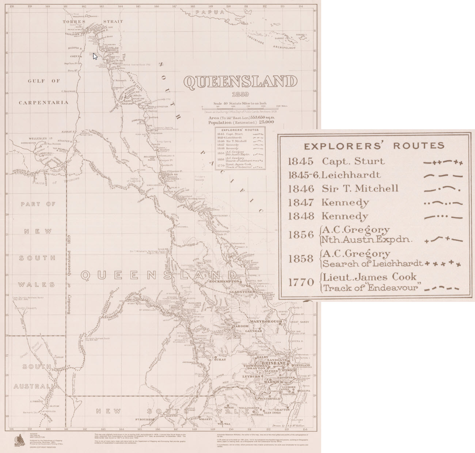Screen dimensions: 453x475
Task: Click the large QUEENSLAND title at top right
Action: pyautogui.click(x=240, y=82)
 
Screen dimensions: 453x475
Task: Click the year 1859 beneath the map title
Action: pyautogui.click(x=240, y=95)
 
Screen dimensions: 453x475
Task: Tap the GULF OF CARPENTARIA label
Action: pyautogui.click(x=44, y=91)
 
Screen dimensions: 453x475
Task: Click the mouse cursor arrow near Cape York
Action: pyautogui.click(x=95, y=56)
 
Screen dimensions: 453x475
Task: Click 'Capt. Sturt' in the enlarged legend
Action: pyautogui.click(x=353, y=161)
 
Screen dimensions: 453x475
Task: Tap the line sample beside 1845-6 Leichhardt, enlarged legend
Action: pyautogui.click(x=443, y=176)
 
